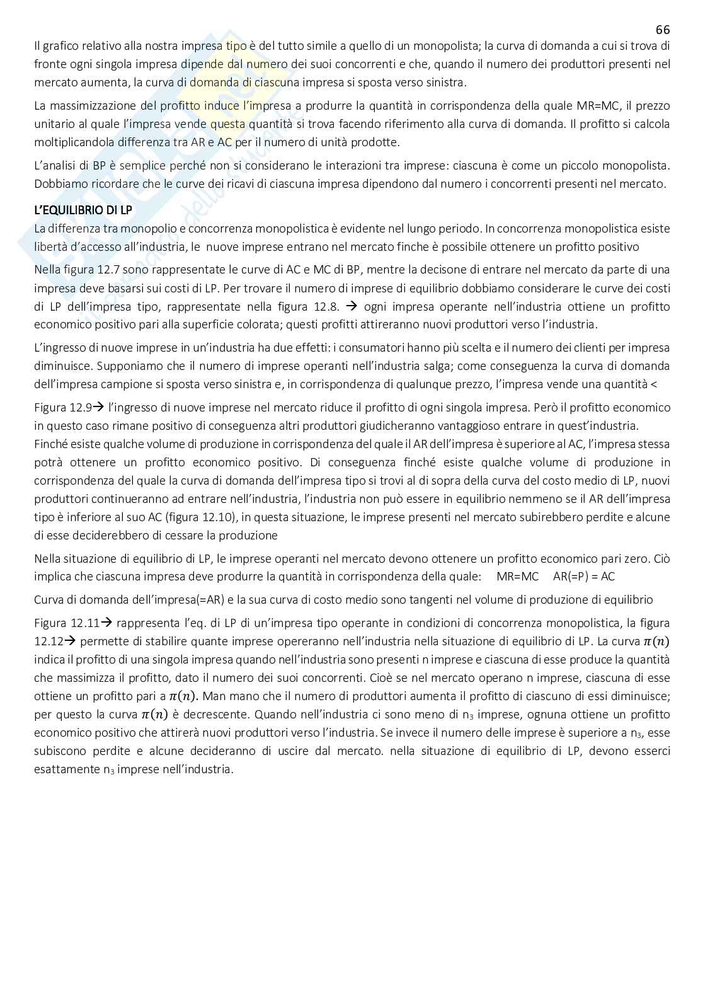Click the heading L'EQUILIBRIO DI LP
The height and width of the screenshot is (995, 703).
(x=83, y=210)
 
